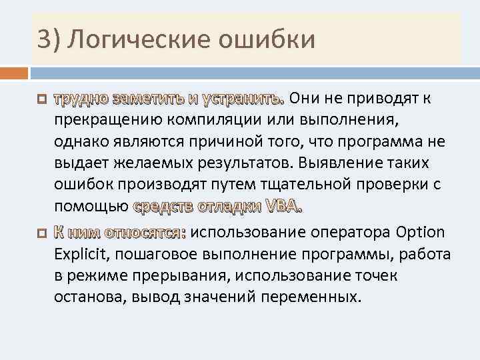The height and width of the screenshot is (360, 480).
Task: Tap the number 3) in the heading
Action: tap(49, 39)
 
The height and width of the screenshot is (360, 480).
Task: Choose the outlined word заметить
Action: tap(149, 99)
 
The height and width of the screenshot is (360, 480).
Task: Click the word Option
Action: tap(420, 233)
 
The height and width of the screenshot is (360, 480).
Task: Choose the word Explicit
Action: tap(79, 254)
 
